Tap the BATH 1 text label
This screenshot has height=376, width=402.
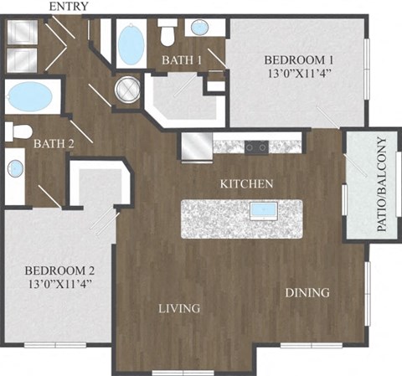click(182, 59)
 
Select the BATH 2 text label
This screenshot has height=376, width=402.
click(54, 144)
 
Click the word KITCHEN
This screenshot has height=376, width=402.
click(247, 183)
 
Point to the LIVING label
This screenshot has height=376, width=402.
click(180, 309)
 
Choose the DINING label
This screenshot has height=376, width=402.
click(307, 292)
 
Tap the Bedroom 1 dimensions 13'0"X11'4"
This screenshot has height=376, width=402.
click(299, 75)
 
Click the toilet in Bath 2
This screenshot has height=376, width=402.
click(19, 131)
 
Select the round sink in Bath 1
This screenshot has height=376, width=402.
click(201, 27)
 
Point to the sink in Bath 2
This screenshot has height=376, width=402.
click(16, 168)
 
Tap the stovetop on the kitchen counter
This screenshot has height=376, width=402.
click(256, 147)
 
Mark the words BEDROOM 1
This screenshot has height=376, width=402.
click(299, 59)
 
